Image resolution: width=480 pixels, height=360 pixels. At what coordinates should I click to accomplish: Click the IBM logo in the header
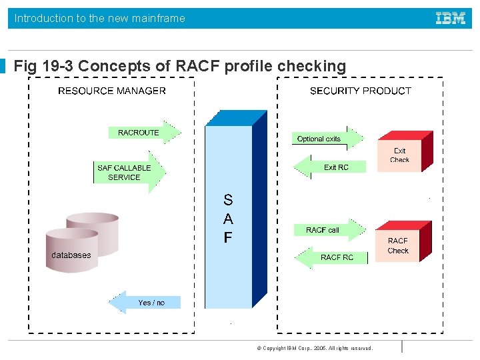[x=451, y=19]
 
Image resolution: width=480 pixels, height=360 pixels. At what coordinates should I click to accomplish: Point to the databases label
[x=71, y=255]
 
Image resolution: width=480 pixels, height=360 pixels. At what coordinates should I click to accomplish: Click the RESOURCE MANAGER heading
[x=112, y=91]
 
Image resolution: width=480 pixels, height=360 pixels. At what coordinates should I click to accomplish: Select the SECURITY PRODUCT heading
[x=360, y=91]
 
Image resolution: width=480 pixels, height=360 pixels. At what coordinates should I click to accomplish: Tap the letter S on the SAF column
[x=228, y=199]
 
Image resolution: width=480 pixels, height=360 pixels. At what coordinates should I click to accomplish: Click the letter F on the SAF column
[x=228, y=237]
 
